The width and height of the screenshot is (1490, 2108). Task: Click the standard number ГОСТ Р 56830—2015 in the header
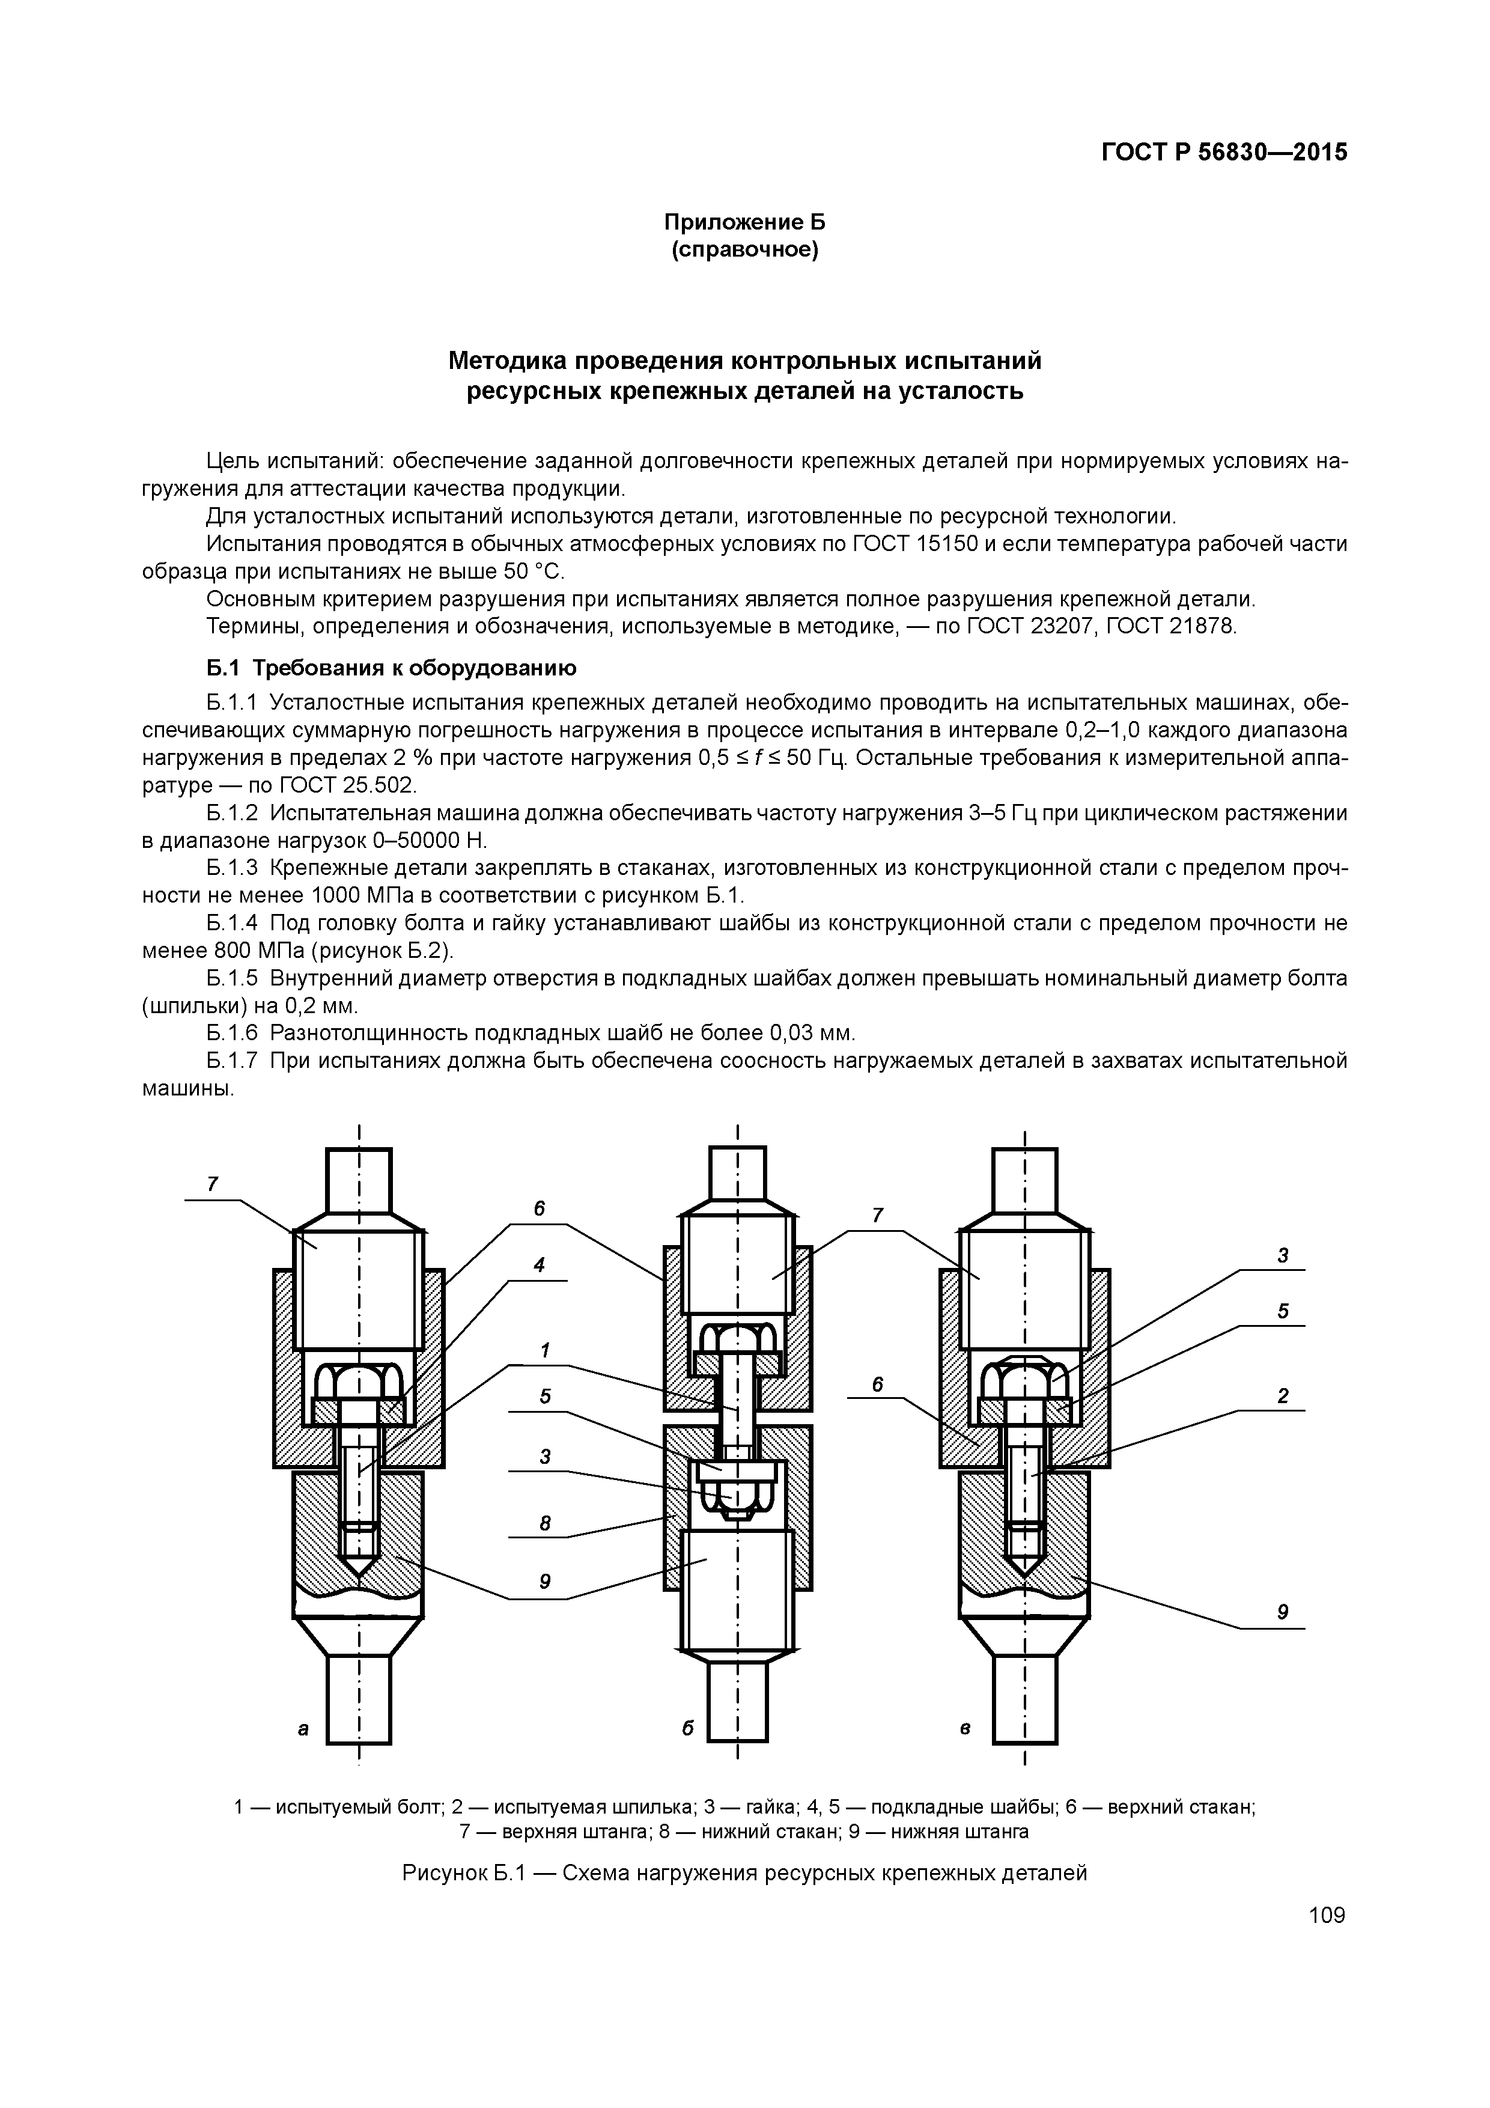coord(1224,153)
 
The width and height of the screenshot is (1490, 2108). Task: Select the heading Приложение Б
coord(744,222)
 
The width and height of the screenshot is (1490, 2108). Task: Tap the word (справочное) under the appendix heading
coord(744,250)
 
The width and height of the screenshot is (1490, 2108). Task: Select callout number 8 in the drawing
coord(544,1524)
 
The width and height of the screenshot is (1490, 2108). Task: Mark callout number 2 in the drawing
coord(1283,1397)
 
